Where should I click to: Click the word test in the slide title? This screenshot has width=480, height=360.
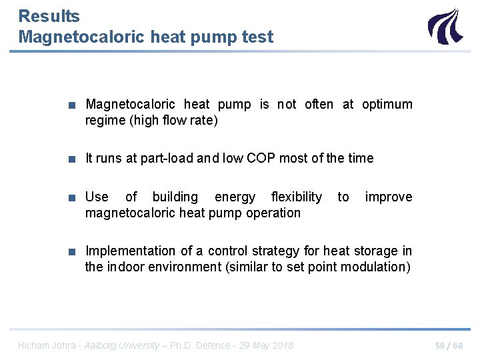coord(258,37)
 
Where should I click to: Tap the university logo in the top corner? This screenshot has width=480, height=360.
coord(444,27)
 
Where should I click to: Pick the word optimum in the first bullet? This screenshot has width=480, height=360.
coord(387,105)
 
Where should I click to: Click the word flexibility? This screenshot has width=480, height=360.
coord(296,197)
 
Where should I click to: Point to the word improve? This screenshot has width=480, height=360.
coord(389,197)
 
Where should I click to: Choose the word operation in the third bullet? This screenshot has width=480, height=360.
coord(273,213)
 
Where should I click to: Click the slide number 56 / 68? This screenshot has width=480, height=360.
coord(449,345)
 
